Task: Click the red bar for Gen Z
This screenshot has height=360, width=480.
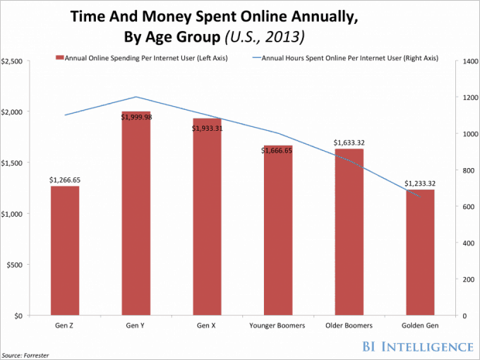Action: (65, 251)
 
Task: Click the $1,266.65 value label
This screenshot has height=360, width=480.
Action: (65, 180)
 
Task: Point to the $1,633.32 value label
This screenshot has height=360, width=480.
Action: (349, 142)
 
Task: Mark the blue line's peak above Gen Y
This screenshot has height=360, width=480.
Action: (136, 97)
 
